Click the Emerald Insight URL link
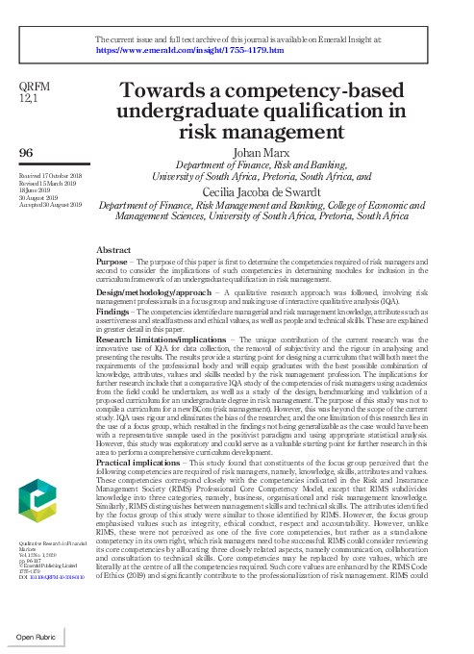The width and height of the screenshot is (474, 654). coord(190,49)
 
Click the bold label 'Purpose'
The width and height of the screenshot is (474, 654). coord(112,262)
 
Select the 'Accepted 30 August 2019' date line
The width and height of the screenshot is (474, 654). coord(50,205)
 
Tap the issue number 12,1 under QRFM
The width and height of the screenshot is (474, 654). coord(29,97)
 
